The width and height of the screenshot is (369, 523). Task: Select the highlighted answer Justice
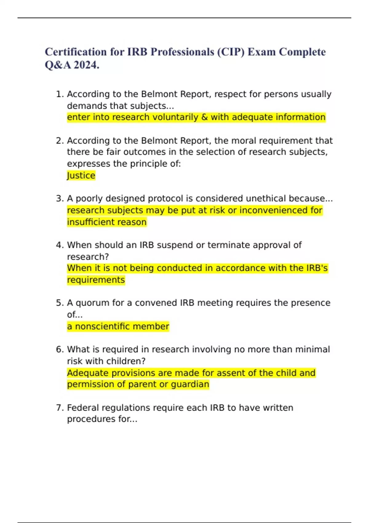tap(81, 175)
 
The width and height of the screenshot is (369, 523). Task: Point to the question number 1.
tap(59, 94)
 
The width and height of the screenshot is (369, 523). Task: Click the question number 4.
tap(59, 245)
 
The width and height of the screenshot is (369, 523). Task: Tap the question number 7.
tap(59, 408)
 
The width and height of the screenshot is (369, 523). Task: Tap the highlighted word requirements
tap(96, 280)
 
